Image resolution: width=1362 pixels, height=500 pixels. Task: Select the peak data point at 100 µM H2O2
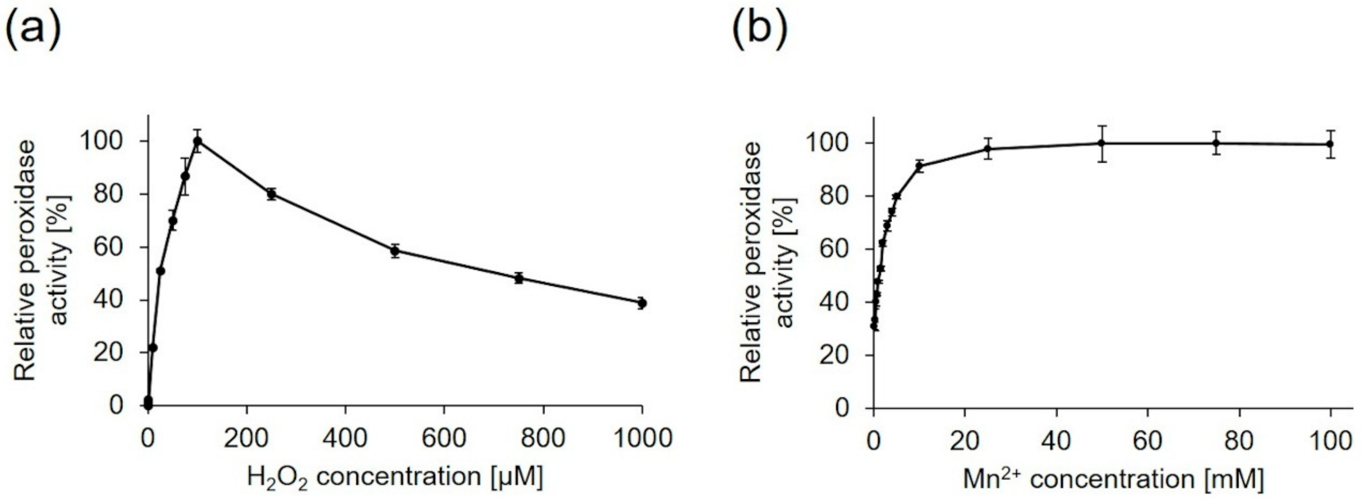[197, 141]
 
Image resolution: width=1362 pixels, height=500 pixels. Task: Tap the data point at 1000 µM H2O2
[642, 303]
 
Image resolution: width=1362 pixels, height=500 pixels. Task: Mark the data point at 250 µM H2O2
[271, 194]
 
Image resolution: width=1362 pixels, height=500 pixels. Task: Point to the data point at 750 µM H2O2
[519, 278]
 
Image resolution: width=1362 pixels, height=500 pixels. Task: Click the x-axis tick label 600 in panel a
[444, 438]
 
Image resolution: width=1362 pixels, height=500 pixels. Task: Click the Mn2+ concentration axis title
[1113, 479]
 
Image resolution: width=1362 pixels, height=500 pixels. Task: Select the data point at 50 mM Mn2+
[1102, 143]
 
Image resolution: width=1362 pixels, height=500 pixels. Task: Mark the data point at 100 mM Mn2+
[1330, 144]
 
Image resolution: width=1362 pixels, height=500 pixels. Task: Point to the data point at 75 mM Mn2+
[1216, 143]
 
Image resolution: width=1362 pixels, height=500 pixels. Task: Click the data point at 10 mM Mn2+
[919, 166]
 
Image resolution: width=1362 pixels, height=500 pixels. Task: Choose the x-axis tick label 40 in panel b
[1056, 440]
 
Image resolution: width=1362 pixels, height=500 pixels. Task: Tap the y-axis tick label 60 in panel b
[835, 249]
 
